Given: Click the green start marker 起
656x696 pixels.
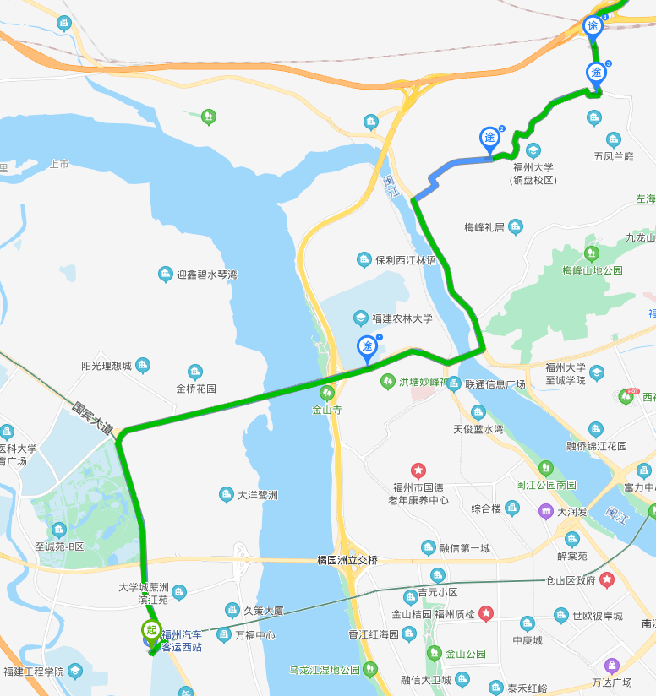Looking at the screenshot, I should (x=151, y=630).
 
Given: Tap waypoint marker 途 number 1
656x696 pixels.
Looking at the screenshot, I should (x=367, y=346).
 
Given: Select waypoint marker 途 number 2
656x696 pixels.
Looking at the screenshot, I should (x=489, y=138).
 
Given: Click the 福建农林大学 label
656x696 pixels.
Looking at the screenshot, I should (x=404, y=318).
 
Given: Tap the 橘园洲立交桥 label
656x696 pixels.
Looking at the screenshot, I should (x=347, y=560).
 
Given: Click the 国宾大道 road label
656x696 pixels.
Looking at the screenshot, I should (x=93, y=418).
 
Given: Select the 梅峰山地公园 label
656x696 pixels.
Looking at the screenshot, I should (x=592, y=270).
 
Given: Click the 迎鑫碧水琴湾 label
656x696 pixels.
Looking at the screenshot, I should (x=207, y=275).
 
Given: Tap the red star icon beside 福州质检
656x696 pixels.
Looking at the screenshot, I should (x=486, y=613).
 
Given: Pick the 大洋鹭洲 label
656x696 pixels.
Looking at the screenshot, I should (x=258, y=494).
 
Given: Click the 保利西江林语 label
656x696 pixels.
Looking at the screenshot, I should (x=406, y=260).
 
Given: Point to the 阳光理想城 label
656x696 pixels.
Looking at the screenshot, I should (x=107, y=366).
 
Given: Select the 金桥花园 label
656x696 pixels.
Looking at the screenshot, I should (x=196, y=389).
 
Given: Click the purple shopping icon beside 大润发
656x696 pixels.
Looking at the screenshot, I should (x=547, y=511).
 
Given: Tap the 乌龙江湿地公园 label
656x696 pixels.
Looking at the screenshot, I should (x=324, y=671).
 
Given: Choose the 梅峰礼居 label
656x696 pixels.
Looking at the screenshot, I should (x=484, y=227).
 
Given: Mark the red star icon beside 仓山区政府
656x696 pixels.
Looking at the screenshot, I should (x=607, y=580).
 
